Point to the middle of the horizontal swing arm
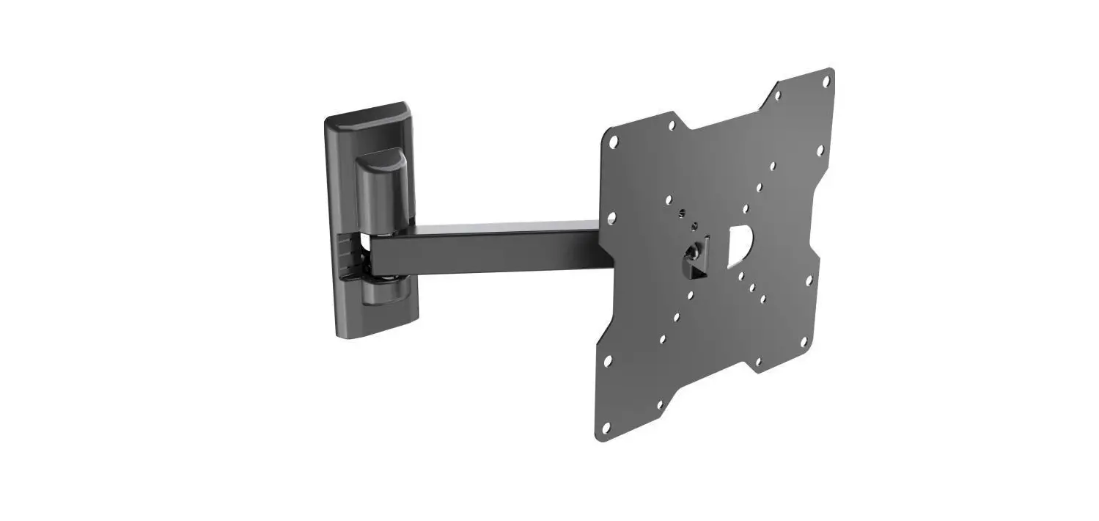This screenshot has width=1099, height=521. pos(484,249)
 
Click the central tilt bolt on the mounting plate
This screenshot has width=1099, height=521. pos(692,253)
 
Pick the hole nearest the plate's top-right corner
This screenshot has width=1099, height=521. pos(826,81)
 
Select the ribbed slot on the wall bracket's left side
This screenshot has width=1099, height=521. pos(349,257)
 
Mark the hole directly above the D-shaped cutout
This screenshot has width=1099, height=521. pos(746,208)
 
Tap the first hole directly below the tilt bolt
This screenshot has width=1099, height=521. pos(689,295)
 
